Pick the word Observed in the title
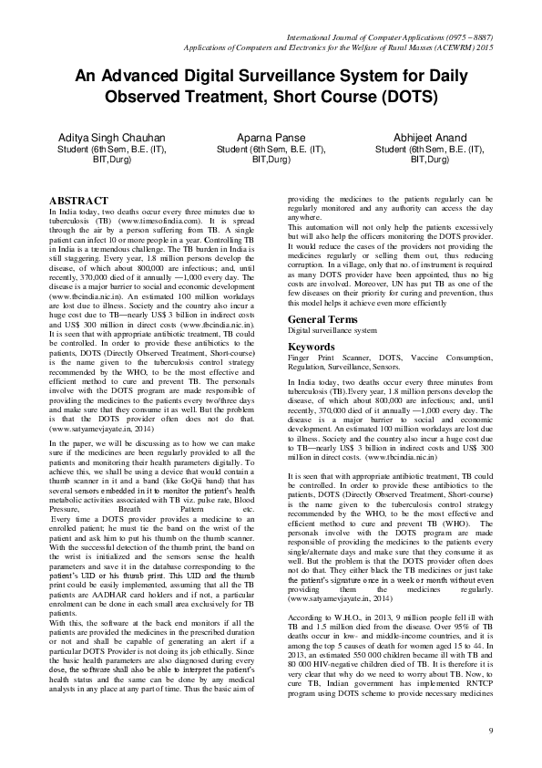(x=143, y=95)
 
